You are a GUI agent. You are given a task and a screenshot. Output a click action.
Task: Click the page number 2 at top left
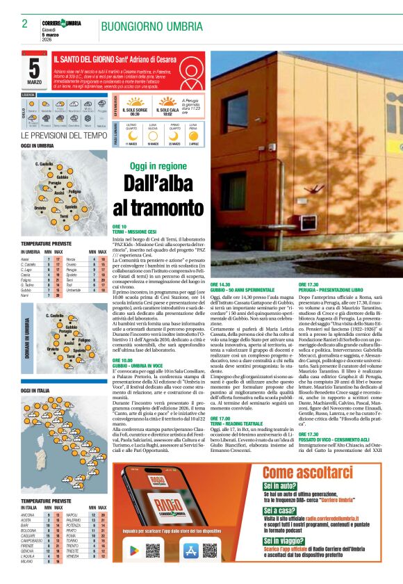[24, 25]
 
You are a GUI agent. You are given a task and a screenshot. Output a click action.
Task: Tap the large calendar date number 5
[34, 67]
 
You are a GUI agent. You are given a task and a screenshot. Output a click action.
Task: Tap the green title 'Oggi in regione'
[158, 167]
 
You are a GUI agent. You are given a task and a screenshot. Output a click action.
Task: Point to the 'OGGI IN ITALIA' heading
[35, 391]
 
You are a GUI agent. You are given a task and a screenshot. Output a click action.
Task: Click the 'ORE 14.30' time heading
[220, 284]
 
